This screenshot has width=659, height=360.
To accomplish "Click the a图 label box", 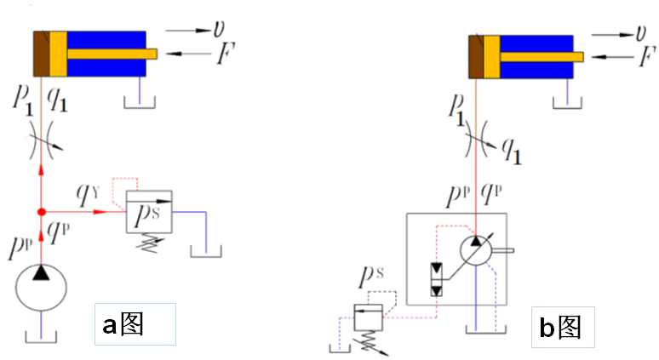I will tap(136, 324).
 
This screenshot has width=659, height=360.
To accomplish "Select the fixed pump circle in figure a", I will tap(41, 287).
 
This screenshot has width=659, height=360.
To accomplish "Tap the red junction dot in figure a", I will tap(41, 211).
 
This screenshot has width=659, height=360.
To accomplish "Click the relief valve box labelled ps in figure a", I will tap(148, 212).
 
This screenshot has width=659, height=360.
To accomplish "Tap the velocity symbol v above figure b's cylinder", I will tap(640, 32).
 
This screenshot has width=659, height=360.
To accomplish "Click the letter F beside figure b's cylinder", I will tap(646, 58).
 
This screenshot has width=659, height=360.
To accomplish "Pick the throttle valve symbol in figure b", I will tap(483, 140).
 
